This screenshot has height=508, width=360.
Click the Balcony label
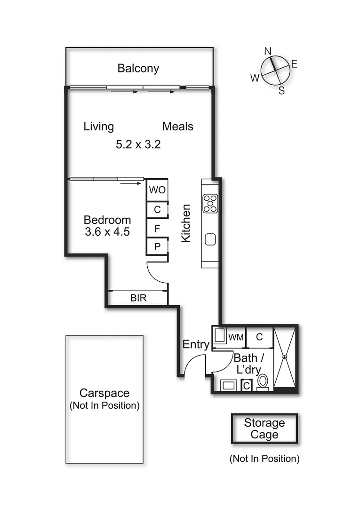coord(138,68)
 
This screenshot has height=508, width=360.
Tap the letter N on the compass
coord(268,51)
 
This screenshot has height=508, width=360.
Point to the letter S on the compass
coord(281,91)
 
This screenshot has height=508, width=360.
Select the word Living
coord(99,127)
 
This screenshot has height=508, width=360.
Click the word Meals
coord(178,127)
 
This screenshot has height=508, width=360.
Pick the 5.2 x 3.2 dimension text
coord(138,144)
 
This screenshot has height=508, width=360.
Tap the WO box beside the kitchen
coord(157,190)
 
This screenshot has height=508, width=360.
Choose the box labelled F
coord(157,229)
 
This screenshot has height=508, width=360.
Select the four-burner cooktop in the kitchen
coord(210,203)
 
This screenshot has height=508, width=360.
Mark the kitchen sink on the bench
coord(210,239)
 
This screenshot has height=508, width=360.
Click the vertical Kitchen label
coord(186,223)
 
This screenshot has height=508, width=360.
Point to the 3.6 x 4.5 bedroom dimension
coord(107,231)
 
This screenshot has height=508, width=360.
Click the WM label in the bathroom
coord(235,337)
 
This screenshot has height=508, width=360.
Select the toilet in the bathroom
coord(262,381)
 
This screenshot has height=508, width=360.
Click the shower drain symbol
coord(285,357)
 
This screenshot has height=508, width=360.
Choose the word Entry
coord(196,344)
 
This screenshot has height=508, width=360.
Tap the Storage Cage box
coord(264,429)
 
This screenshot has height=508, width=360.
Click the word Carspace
coord(104,393)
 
